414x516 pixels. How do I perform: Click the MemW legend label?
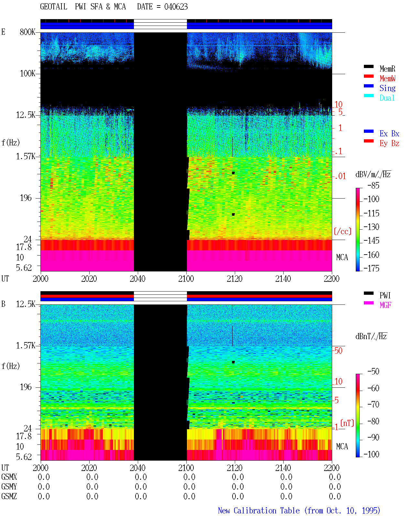tap(387, 78)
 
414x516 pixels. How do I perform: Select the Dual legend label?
tap(387, 98)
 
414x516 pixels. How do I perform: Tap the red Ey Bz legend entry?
tap(389, 143)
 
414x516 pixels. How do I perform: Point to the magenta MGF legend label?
tap(385, 305)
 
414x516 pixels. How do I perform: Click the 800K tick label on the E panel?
tap(27, 32)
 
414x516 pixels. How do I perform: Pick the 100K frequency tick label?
tap(27, 74)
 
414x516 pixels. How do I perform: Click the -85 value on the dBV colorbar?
tap(373, 185)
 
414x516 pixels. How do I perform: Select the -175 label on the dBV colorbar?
tap(371, 268)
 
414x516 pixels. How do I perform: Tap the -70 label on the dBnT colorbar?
tap(373, 404)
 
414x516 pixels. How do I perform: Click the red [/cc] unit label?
tap(343, 231)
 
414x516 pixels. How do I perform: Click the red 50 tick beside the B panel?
tap(338, 350)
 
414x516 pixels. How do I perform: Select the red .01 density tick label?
tap(340, 177)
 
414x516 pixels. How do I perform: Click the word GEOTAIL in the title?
tap(54, 6)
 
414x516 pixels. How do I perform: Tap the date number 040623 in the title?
tap(176, 6)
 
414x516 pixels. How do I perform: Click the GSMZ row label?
tap(9, 496)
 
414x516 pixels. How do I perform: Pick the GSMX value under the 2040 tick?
tap(141, 477)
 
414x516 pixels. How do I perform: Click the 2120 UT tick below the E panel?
tap(235, 279)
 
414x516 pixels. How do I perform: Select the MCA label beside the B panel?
tap(342, 446)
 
